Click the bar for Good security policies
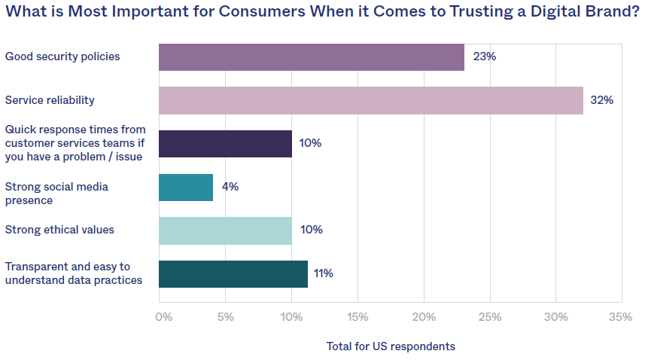pos(311,56)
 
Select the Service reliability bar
pos(370,100)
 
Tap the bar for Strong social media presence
pos(186,187)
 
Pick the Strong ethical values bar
pos(225,230)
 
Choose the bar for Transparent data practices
pos(233,273)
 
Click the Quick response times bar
pos(225,143)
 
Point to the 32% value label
pos(602,100)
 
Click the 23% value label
pos(484,56)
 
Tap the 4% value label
pos(230,187)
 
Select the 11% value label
pos(324,273)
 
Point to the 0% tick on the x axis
pos(164,317)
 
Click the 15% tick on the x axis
pos(358,317)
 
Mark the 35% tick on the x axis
pos(621,317)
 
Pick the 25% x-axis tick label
pos(490,317)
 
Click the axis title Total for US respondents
pos(391,346)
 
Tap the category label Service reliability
pos(50,100)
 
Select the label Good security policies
pos(62,56)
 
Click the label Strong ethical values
pos(59,230)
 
